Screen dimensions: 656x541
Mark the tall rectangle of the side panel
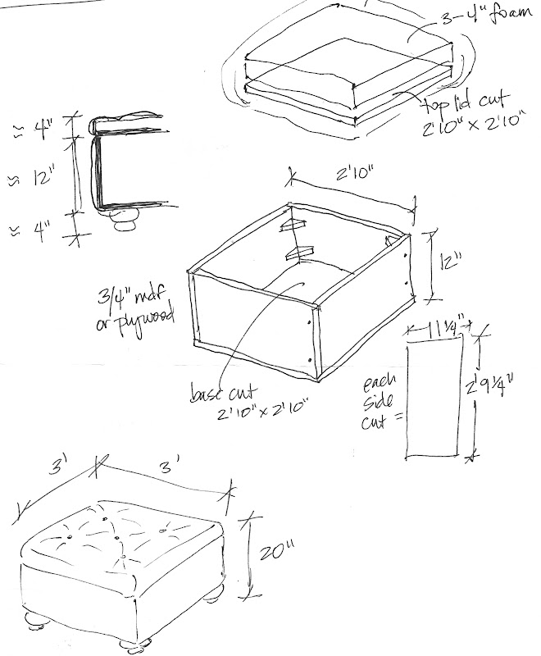coord(434,402)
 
